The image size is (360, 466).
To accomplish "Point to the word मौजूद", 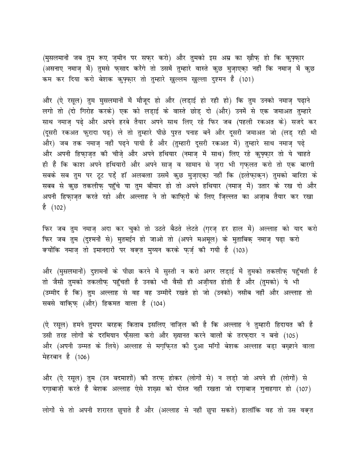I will tap(159, 100).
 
